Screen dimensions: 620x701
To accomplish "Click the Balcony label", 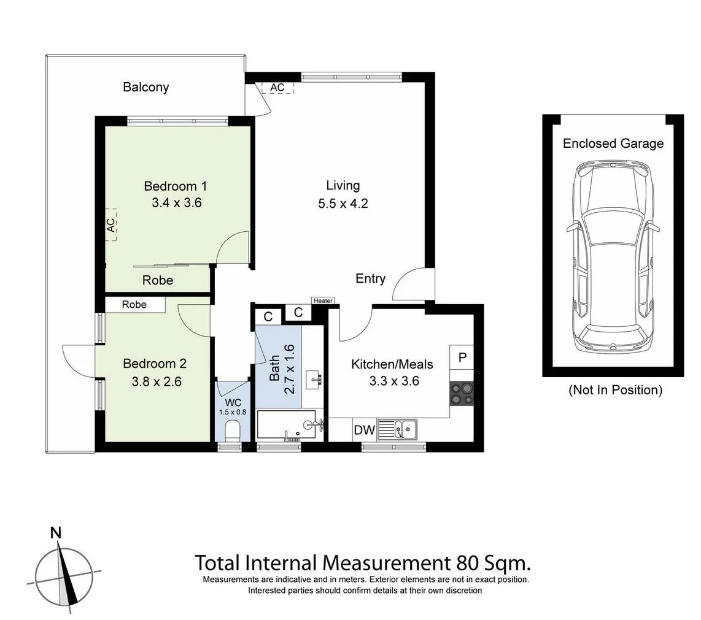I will [x=145, y=87].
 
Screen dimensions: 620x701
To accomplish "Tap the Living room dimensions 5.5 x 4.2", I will [x=343, y=204].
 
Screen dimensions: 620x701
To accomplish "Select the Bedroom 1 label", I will [x=175, y=186].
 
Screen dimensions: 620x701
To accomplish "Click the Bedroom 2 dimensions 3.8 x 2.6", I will [x=156, y=381].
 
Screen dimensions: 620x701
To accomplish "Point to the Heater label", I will [x=323, y=300].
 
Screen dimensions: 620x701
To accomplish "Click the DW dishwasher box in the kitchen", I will [x=365, y=431].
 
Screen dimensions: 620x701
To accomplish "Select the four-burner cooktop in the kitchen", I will [x=462, y=393].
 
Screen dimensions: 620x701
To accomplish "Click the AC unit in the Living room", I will [x=277, y=87].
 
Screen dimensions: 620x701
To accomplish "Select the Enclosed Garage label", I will [x=613, y=144].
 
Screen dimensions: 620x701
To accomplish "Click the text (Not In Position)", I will [x=615, y=389].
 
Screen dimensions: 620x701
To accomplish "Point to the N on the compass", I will [x=56, y=532].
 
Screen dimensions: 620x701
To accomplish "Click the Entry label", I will [x=370, y=278].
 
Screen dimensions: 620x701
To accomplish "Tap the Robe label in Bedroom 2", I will [x=134, y=305].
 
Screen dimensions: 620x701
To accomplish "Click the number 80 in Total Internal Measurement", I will [x=469, y=562].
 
